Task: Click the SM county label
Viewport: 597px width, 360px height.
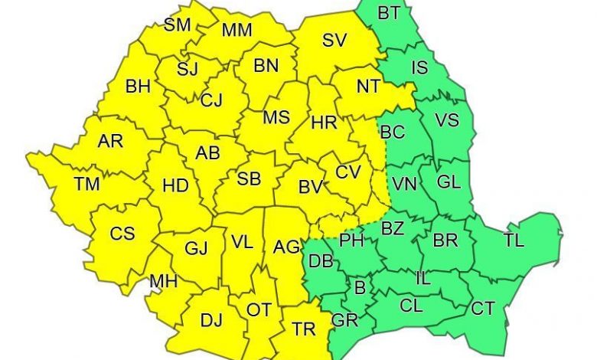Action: (178, 25)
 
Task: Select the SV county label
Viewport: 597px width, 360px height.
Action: (334, 41)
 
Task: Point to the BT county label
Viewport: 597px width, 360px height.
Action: (389, 13)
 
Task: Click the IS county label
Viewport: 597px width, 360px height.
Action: (419, 67)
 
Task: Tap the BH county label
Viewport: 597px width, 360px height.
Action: (138, 87)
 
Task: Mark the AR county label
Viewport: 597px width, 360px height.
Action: (110, 142)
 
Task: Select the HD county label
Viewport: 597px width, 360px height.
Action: (176, 185)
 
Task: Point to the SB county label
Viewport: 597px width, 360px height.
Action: (249, 180)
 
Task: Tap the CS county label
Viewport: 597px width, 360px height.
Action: (122, 234)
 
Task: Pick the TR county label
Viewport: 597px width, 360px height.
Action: (304, 329)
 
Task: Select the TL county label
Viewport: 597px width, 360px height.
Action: (514, 241)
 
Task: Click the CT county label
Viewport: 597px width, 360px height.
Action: (482, 309)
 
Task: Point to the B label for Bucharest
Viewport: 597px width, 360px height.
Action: (360, 289)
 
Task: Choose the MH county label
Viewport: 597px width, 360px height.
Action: (164, 282)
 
